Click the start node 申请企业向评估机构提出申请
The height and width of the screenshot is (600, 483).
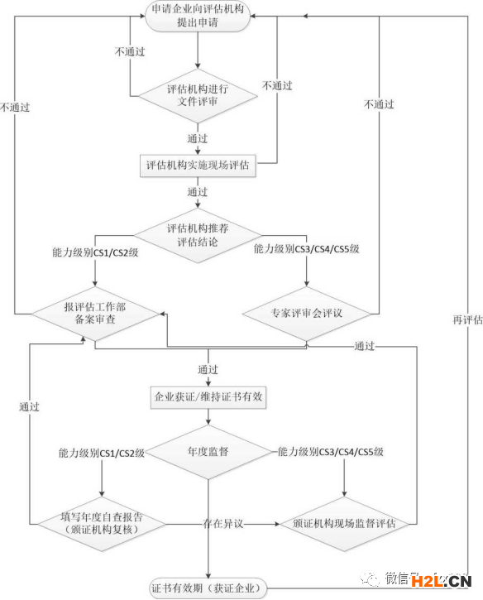click(198, 16)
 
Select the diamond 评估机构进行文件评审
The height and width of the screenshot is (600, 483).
click(198, 96)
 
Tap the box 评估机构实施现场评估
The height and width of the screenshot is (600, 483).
click(198, 166)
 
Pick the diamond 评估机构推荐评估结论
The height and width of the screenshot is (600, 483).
click(198, 235)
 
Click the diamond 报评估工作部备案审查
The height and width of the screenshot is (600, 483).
click(95, 314)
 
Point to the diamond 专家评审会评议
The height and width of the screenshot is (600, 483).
click(306, 314)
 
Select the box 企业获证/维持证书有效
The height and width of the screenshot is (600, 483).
click(208, 397)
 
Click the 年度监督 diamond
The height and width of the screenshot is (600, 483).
click(208, 452)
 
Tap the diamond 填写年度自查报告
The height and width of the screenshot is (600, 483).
click(102, 524)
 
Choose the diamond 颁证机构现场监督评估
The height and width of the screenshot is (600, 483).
click(344, 524)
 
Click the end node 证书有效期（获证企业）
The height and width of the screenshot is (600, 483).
click(208, 588)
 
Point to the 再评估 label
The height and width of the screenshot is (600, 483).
click(468, 319)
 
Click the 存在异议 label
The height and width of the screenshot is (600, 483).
click(223, 523)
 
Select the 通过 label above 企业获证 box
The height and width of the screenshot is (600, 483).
click(208, 369)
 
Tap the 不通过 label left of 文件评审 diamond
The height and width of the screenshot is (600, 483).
click(130, 51)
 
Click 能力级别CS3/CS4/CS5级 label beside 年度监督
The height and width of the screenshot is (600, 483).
click(331, 452)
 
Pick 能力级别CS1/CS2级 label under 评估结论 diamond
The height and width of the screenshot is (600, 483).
click(95, 252)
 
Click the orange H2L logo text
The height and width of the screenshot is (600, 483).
click(427, 582)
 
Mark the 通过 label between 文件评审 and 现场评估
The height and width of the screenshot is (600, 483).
click(198, 138)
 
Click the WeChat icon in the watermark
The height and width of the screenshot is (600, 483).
click(370, 578)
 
